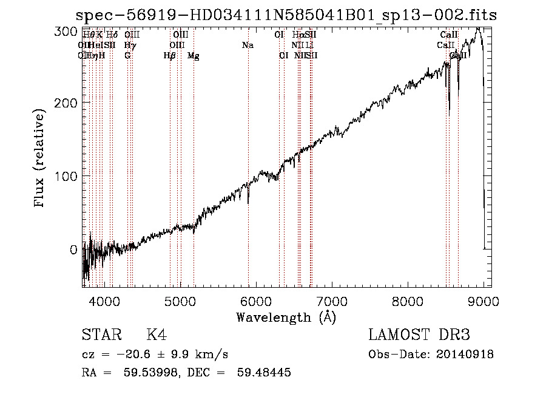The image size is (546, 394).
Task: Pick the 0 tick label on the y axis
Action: coord(73,250)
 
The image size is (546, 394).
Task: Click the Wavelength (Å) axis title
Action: coord(286,317)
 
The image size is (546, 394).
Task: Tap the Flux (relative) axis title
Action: coord(41,159)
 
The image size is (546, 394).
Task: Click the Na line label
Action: coord(248,46)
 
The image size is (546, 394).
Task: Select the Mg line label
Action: coord(194,56)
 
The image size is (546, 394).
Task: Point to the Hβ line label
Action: coord(170,56)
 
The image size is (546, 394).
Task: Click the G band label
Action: coord(127,56)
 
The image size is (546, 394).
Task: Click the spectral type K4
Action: coord(157,335)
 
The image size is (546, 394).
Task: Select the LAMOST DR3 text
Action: coord(419,335)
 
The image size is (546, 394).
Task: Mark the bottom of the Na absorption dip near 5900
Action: coord(248,203)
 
